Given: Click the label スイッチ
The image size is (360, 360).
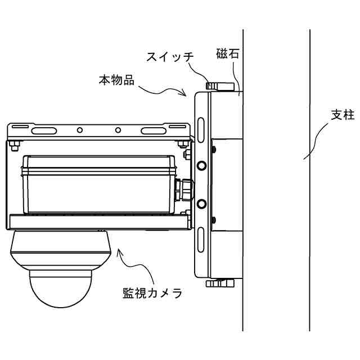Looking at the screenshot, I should coord(170,57).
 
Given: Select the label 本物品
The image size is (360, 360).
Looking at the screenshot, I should coord(116,80).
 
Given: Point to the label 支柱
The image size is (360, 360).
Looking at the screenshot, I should coord(342,115).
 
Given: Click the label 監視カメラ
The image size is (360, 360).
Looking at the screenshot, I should coord(152,293).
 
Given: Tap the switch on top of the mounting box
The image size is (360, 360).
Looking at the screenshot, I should coord(219,87).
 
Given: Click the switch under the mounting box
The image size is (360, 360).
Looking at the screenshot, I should coord(219,282).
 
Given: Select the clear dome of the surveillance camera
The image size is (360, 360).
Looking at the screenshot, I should coord(61,288).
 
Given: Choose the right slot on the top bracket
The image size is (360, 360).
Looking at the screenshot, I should coord(154,130).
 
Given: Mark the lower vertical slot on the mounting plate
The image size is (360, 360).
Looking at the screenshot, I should coord(200,234).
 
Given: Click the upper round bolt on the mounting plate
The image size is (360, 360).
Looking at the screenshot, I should coord(202,165).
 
